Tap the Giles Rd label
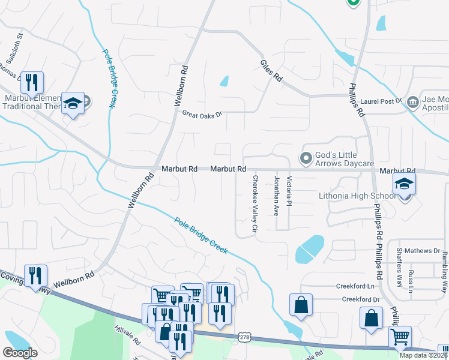[271, 70]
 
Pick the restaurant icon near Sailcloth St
[32, 82]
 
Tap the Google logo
[20, 353]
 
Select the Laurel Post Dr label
[382, 101]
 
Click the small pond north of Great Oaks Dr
[224, 81]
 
